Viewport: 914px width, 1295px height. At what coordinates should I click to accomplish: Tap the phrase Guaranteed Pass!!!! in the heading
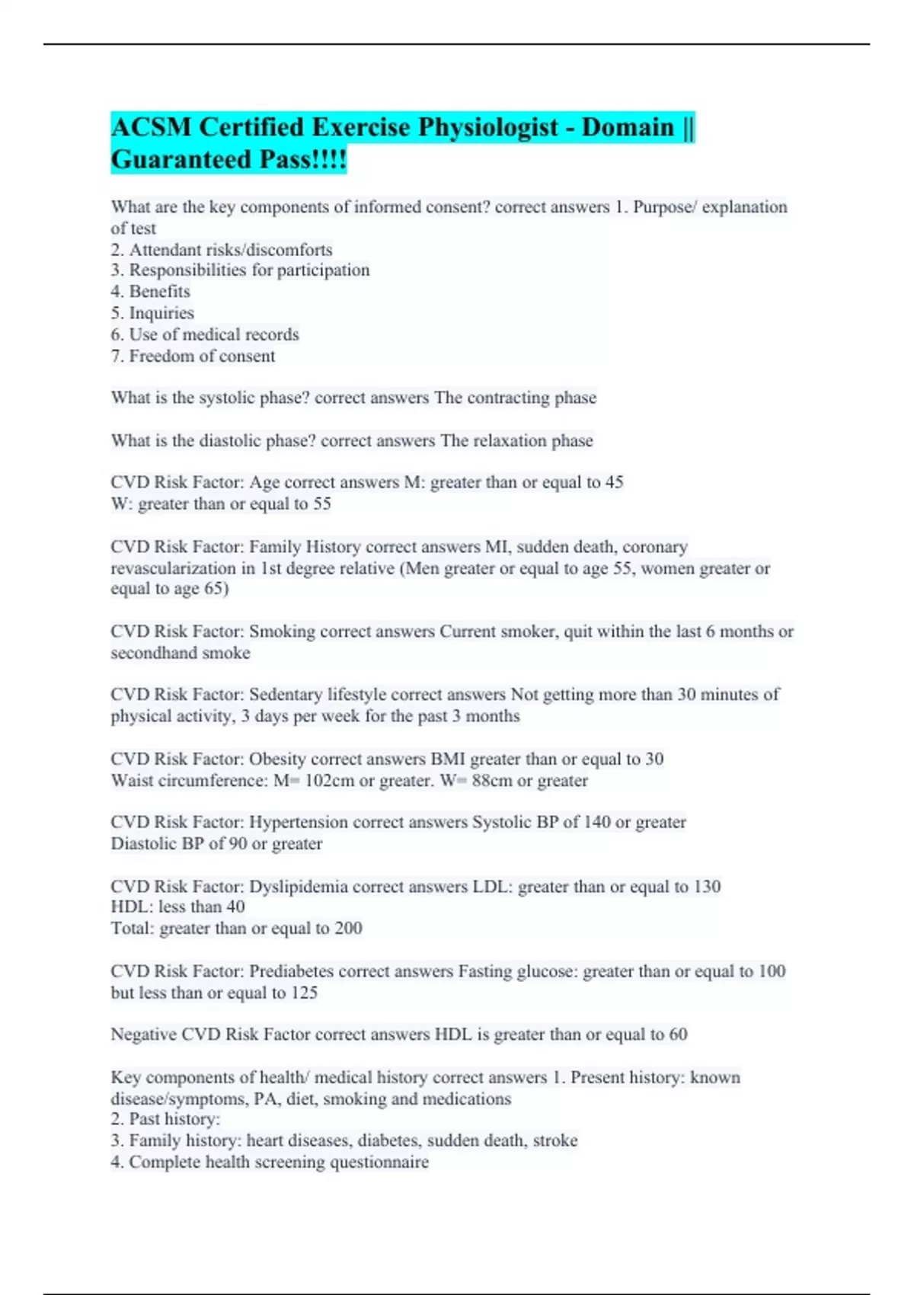228,160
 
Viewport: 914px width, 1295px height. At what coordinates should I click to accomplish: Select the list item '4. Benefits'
150,291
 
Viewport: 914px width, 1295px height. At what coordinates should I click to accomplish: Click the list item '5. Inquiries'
152,313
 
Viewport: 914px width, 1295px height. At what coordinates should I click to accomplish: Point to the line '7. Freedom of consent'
193,356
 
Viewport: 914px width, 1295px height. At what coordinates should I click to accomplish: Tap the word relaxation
510,440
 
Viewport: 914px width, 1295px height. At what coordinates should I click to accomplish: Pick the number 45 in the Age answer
614,482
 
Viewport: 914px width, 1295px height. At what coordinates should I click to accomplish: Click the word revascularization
173,568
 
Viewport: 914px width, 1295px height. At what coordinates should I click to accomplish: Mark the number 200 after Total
348,929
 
